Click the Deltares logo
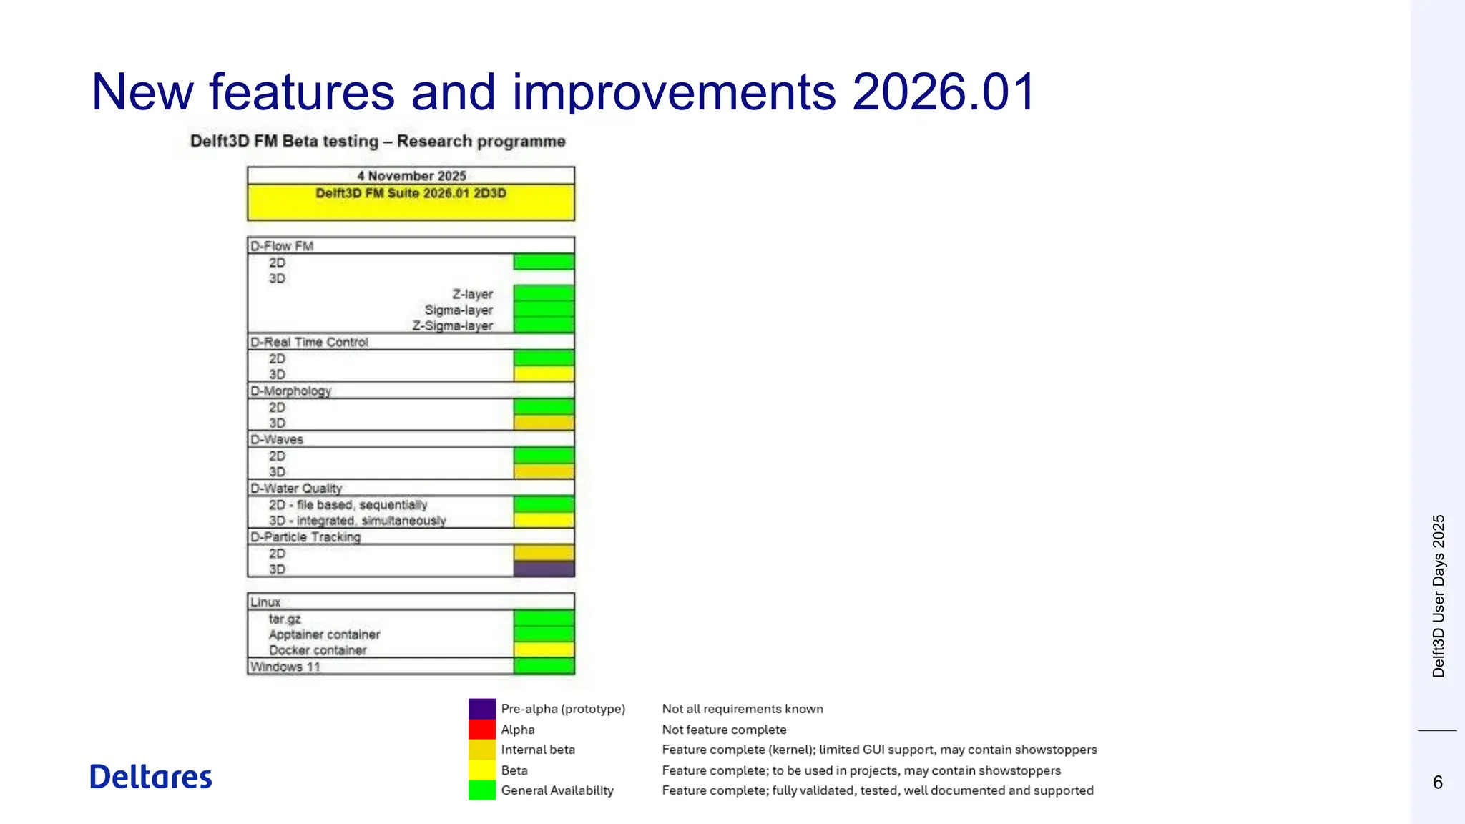tap(151, 777)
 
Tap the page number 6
tap(1437, 783)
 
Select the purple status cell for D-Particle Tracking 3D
tap(544, 569)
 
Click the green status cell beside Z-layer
tap(544, 293)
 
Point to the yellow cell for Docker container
tap(544, 650)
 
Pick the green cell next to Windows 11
tap(544, 667)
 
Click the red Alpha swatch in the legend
tap(482, 730)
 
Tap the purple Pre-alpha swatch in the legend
tap(482, 709)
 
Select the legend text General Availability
tap(557, 790)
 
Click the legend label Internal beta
tap(538, 750)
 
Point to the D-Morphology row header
tap(291, 391)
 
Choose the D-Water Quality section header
tap(296, 489)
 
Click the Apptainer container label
tap(324, 634)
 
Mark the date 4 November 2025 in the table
tap(411, 176)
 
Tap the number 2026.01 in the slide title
tap(944, 92)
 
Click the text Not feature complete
tap(724, 730)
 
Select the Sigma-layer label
tap(459, 310)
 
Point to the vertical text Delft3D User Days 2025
tap(1439, 596)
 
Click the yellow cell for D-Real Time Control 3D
tap(544, 374)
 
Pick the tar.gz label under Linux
tap(285, 619)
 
